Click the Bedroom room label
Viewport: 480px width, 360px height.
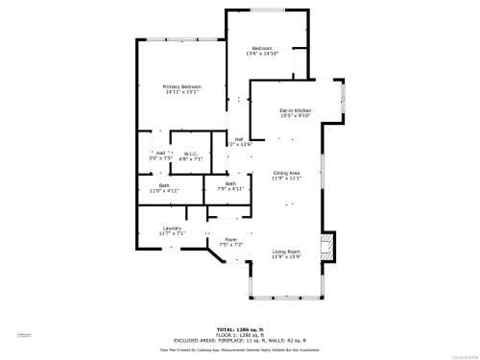click(262, 48)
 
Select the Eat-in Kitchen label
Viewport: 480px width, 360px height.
click(295, 110)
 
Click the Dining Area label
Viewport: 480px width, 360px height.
click(287, 173)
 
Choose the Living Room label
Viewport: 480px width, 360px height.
click(286, 252)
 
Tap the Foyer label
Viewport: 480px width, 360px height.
click(230, 239)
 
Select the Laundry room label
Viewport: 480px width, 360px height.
click(172, 228)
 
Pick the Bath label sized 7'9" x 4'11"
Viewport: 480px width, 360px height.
click(231, 183)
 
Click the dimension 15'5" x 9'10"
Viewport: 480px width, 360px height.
click(295, 116)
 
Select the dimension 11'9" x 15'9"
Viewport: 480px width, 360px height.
click(286, 257)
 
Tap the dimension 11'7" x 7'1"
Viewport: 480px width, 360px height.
click(172, 233)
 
